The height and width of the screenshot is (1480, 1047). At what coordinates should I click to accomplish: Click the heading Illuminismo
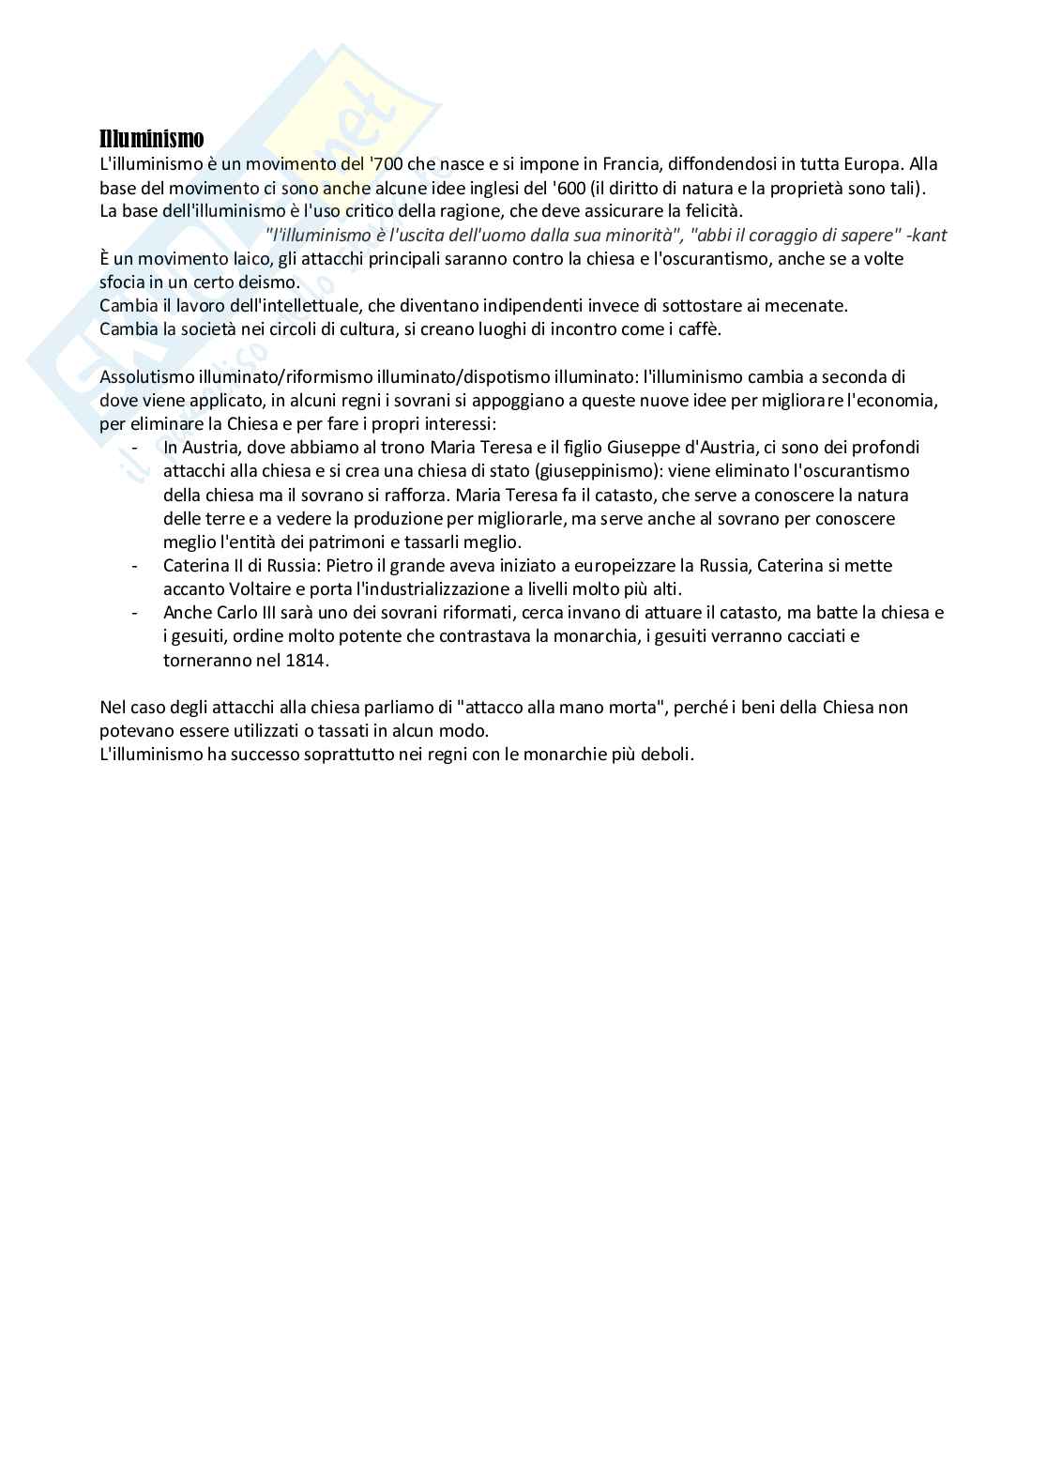tap(151, 140)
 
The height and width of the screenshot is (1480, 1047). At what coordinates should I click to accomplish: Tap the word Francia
tap(667, 164)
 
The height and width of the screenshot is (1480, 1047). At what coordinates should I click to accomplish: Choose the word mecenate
tap(806, 305)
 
